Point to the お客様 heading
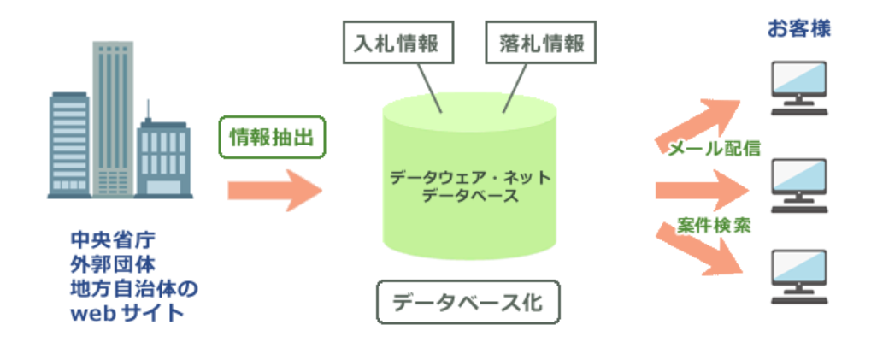coord(799,29)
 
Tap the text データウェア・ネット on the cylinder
coord(470,179)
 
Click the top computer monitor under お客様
coord(798,86)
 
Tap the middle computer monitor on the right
coord(798,181)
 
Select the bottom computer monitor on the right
coord(798,275)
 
